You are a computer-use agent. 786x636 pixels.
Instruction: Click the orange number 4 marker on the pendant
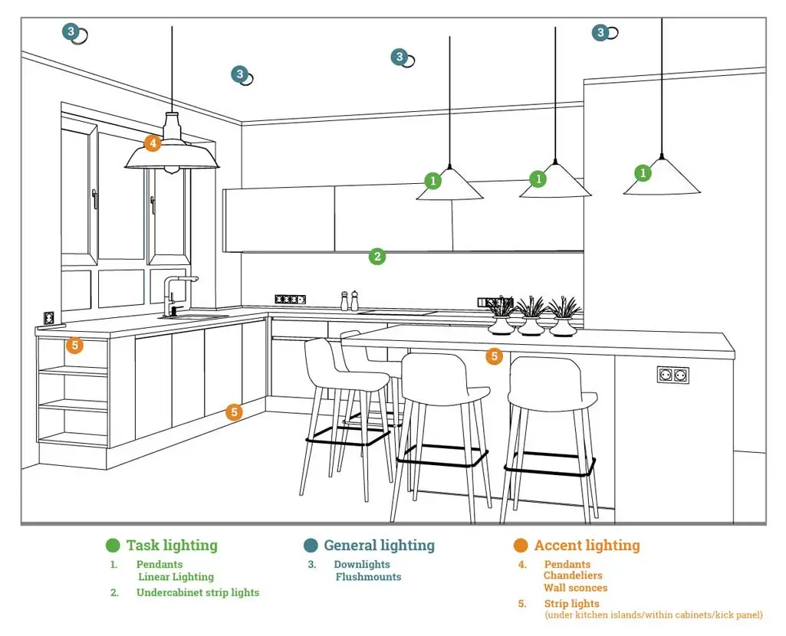[x=153, y=143]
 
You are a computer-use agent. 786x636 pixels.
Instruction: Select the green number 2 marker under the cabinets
[x=377, y=257]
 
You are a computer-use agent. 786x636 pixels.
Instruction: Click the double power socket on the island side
[x=673, y=375]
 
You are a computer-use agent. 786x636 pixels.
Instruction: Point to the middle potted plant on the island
[x=531, y=317]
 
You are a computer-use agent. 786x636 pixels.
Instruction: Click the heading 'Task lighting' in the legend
[x=172, y=546]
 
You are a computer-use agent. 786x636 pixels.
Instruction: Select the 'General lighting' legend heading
[x=379, y=546]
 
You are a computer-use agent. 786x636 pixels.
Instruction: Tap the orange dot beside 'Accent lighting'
[x=521, y=546]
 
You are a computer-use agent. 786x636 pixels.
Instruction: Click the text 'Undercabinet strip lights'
[x=198, y=592]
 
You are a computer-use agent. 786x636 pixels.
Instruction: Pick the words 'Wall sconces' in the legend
[x=575, y=588]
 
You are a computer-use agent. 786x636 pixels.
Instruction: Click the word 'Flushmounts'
[x=368, y=577]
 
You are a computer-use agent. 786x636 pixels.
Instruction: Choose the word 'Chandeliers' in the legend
[x=573, y=575]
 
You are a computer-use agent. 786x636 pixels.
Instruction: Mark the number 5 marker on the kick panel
[x=235, y=412]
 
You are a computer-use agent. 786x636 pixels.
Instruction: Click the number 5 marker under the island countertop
[x=495, y=356]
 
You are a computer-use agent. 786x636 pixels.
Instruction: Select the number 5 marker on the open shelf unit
[x=74, y=346]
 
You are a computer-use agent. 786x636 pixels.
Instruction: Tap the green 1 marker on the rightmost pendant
[x=643, y=173]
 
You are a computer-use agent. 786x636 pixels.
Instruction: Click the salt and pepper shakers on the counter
[x=350, y=300]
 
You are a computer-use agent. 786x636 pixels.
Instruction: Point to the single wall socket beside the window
[x=49, y=316]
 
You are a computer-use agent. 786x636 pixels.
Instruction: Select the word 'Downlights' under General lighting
[x=362, y=565]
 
